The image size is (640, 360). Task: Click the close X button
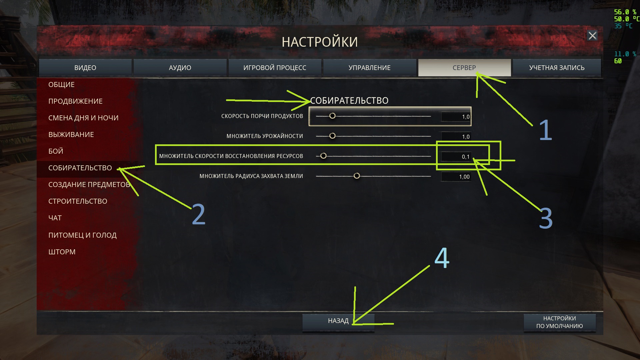pos(592,36)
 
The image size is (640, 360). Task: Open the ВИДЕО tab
pos(85,68)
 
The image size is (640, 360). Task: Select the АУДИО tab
pos(180,68)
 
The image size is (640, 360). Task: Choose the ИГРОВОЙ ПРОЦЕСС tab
pos(275,68)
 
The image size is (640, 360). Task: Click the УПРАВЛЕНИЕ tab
pos(369,68)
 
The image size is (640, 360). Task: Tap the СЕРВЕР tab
pos(464,68)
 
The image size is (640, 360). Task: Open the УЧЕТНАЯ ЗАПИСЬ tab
pos(557,68)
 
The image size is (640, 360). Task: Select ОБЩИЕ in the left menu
pos(61,85)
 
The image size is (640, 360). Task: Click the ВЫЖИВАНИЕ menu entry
pos(71,135)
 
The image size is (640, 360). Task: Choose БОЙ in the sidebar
pos(56,151)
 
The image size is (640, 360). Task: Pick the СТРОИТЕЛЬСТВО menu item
pos(78,201)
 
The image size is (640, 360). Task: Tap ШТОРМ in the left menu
pos(62,252)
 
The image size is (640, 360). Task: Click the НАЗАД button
pos(338,321)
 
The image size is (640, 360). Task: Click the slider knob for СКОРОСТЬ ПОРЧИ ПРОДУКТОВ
pos(332,116)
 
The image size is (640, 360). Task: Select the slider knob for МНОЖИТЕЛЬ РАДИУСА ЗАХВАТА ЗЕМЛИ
pos(357,176)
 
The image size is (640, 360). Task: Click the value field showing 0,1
pos(456,157)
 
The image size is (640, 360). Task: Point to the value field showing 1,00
pos(456,177)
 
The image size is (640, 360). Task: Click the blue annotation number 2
pos(199,215)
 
